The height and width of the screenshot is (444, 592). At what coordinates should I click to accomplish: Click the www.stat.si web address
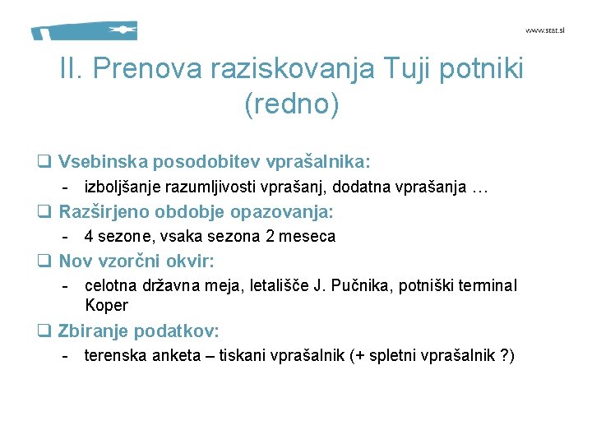[x=545, y=30]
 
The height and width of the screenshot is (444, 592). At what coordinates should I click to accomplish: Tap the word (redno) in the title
[x=291, y=104]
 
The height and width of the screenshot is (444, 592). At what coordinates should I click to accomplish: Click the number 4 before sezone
[x=89, y=237]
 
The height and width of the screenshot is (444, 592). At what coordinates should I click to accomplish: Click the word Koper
[x=106, y=305]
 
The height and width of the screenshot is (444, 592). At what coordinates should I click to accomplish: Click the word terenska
[x=114, y=356]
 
